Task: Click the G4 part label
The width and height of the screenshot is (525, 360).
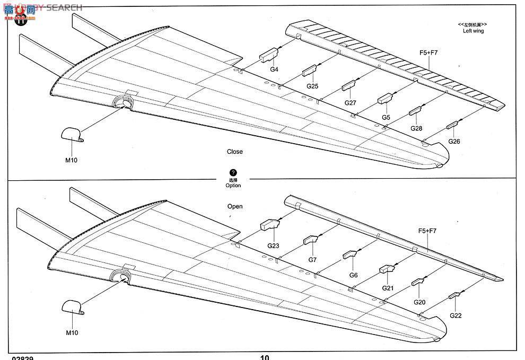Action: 274,69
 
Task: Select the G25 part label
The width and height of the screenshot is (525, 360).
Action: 312,86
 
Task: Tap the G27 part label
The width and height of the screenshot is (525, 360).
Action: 351,103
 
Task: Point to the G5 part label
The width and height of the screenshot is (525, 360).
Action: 386,117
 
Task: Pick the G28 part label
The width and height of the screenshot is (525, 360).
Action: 416,129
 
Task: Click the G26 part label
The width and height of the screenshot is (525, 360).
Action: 454,142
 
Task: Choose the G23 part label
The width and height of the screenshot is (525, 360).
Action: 273,245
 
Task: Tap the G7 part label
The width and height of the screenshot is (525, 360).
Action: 312,260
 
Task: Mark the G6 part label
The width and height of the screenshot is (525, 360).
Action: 353,275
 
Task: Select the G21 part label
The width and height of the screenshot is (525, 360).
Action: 388,288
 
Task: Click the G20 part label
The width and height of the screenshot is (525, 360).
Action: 419,302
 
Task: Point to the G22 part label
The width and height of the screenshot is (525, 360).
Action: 456,315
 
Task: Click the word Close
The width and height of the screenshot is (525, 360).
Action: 235,152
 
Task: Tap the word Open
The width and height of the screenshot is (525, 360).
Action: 235,206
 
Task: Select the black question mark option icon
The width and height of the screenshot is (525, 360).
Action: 233,173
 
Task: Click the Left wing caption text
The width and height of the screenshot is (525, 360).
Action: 473,31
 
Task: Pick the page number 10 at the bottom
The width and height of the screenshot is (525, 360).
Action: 265,357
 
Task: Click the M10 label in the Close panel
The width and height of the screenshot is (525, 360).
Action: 72,160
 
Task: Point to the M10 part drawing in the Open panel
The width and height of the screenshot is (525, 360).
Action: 72,307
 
